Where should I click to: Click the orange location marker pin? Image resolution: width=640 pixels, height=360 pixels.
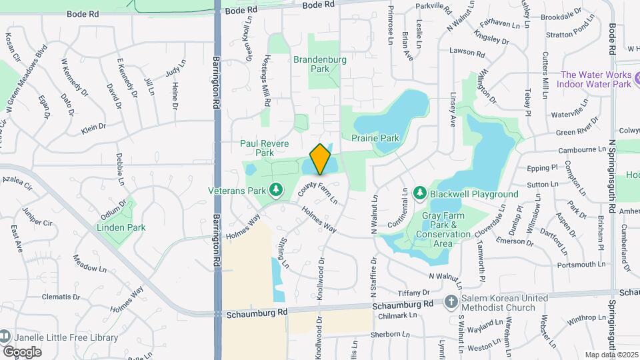[x=321, y=159]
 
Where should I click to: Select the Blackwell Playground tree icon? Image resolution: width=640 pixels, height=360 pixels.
[x=420, y=193]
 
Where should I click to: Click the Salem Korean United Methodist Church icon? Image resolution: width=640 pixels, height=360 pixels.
[x=451, y=301]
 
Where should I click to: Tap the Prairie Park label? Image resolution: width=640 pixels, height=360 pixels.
[x=375, y=138]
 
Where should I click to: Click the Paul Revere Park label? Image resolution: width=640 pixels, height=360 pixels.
[x=267, y=148]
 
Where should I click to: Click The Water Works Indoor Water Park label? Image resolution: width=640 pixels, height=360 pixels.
[x=596, y=79]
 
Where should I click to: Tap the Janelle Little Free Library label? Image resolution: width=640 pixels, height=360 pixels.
[x=65, y=337]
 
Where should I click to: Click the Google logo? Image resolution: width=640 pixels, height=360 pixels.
[x=22, y=351]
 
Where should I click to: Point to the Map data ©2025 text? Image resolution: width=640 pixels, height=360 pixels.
[x=611, y=355]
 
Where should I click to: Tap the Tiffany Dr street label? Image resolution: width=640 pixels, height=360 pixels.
[x=414, y=293]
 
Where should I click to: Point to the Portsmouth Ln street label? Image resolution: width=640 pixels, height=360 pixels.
[x=563, y=265]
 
